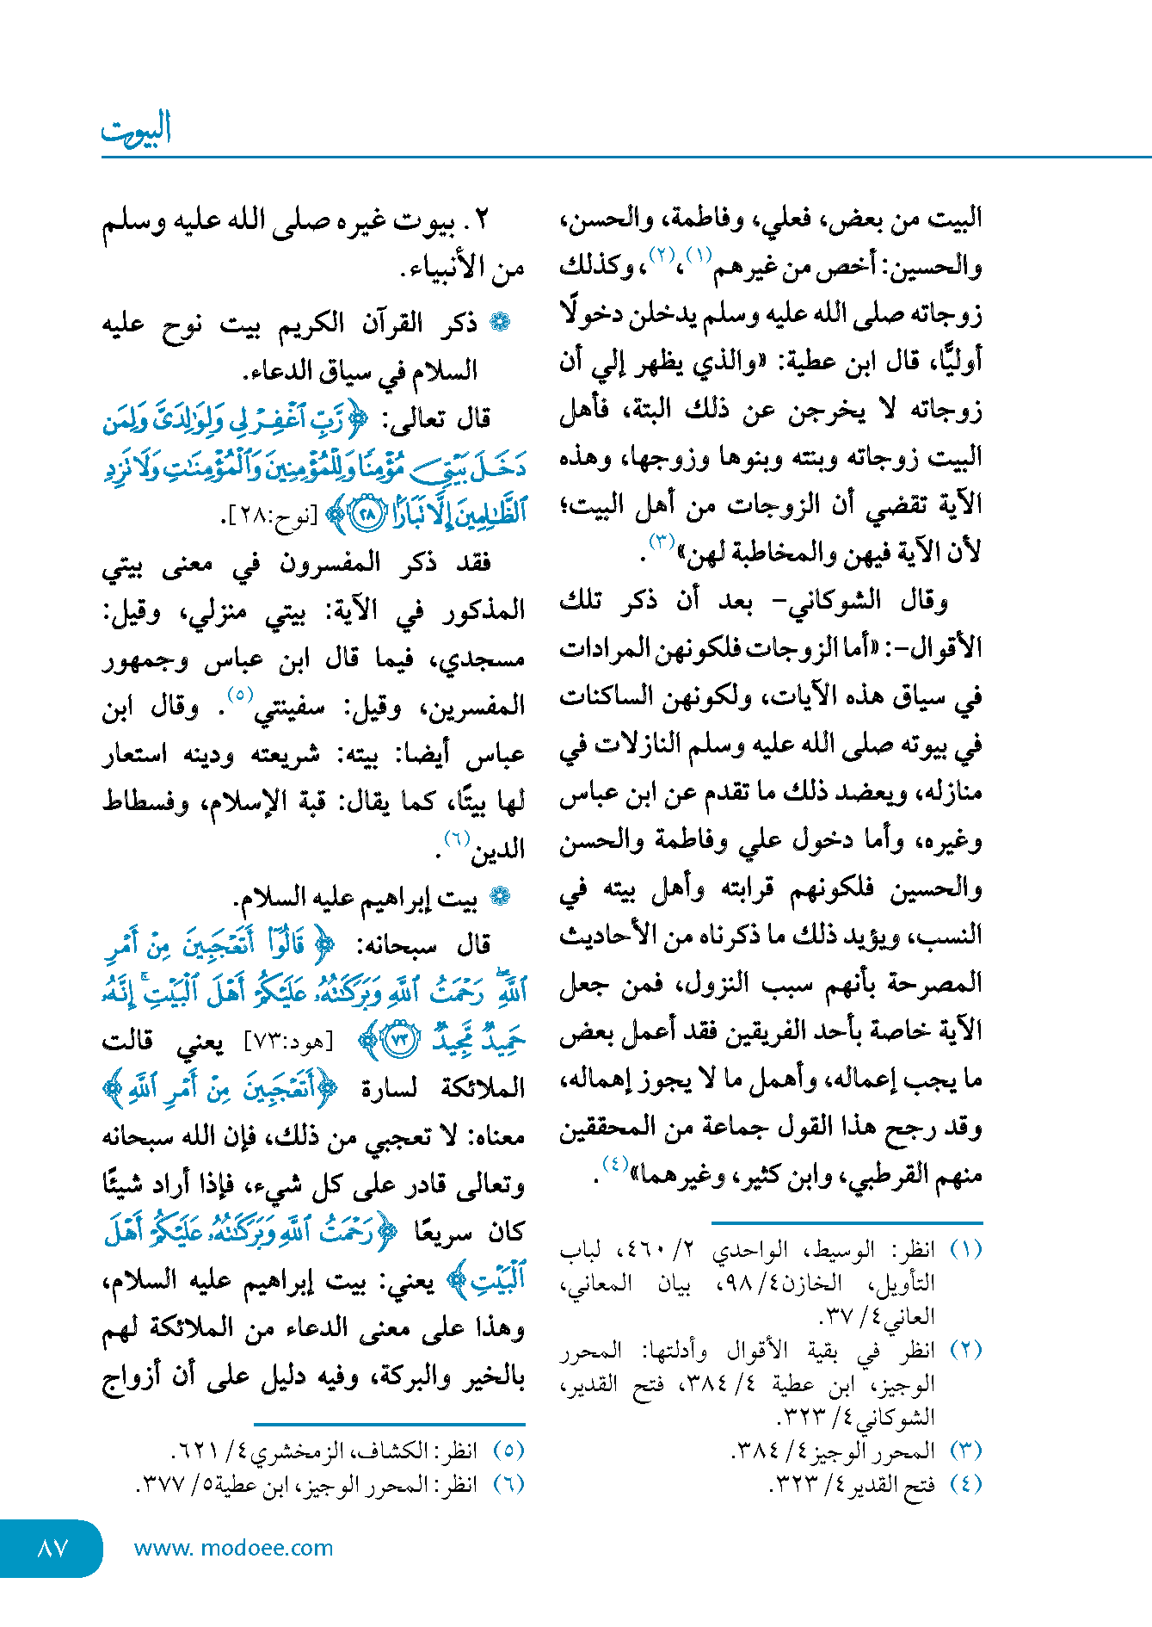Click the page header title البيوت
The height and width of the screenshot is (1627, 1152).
click(136, 129)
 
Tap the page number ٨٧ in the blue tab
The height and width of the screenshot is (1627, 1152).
click(52, 1548)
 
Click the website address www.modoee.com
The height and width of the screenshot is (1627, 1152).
click(233, 1548)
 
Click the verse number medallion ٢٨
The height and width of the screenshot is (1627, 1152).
click(367, 516)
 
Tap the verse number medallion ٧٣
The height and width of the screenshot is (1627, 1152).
click(399, 1040)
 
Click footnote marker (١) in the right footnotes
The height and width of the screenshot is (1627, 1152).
click(965, 1249)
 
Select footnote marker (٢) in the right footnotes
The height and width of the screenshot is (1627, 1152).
click(965, 1350)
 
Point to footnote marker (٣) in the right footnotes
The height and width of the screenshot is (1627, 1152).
click(965, 1451)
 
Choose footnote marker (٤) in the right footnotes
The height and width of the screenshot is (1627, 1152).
click(965, 1484)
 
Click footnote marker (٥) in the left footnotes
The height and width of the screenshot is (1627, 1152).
click(508, 1451)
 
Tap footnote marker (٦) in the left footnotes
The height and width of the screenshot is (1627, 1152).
click(508, 1484)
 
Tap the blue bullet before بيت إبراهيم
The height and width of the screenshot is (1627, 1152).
click(499, 898)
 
